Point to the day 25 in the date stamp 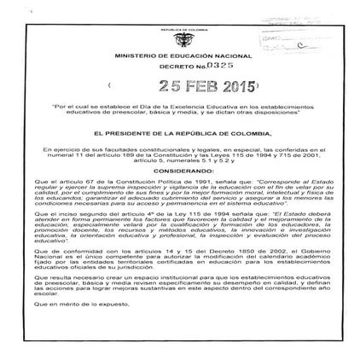pyautogui.click(x=148, y=85)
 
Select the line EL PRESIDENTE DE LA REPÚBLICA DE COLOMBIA pyautogui.click(x=179, y=135)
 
